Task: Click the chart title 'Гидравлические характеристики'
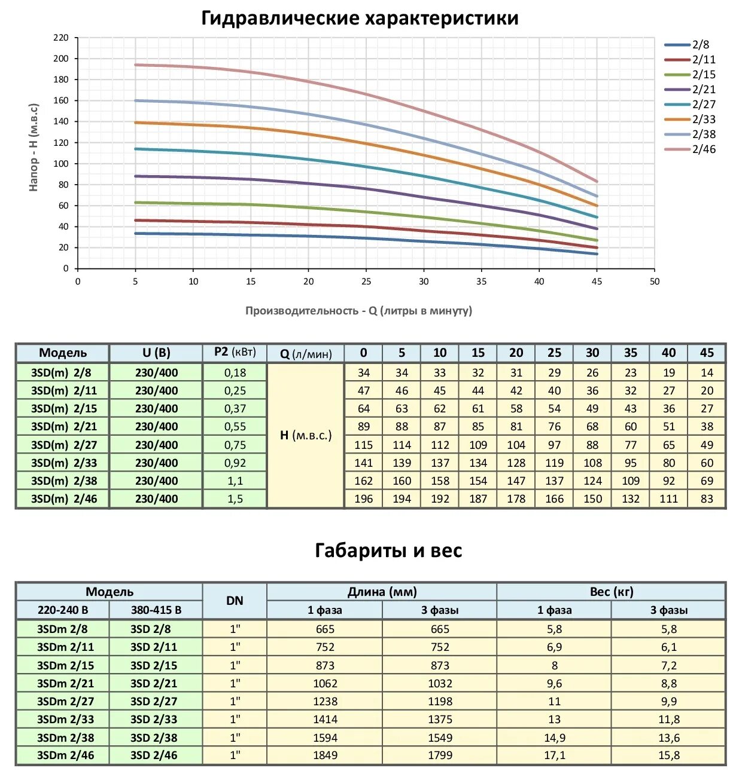coord(360,18)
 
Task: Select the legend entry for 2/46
coord(704,149)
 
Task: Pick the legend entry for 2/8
coord(700,45)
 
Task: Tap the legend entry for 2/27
coord(704,105)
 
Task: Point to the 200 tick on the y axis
coord(61,59)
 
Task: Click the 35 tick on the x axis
coord(481,282)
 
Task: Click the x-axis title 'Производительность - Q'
coord(358,311)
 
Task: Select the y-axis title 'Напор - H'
coord(34,147)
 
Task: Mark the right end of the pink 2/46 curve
coord(597,181)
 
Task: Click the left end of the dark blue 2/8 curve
coord(136,233)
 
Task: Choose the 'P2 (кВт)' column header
coord(235,353)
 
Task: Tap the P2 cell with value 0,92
coord(235,463)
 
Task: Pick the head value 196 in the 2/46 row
coord(363,499)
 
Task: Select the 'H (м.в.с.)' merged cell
coord(305,435)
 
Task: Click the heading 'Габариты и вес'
coord(388,550)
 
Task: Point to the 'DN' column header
coord(235,601)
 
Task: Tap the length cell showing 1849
coord(325,755)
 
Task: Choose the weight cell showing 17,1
coord(554,755)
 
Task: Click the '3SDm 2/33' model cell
coord(65,720)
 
